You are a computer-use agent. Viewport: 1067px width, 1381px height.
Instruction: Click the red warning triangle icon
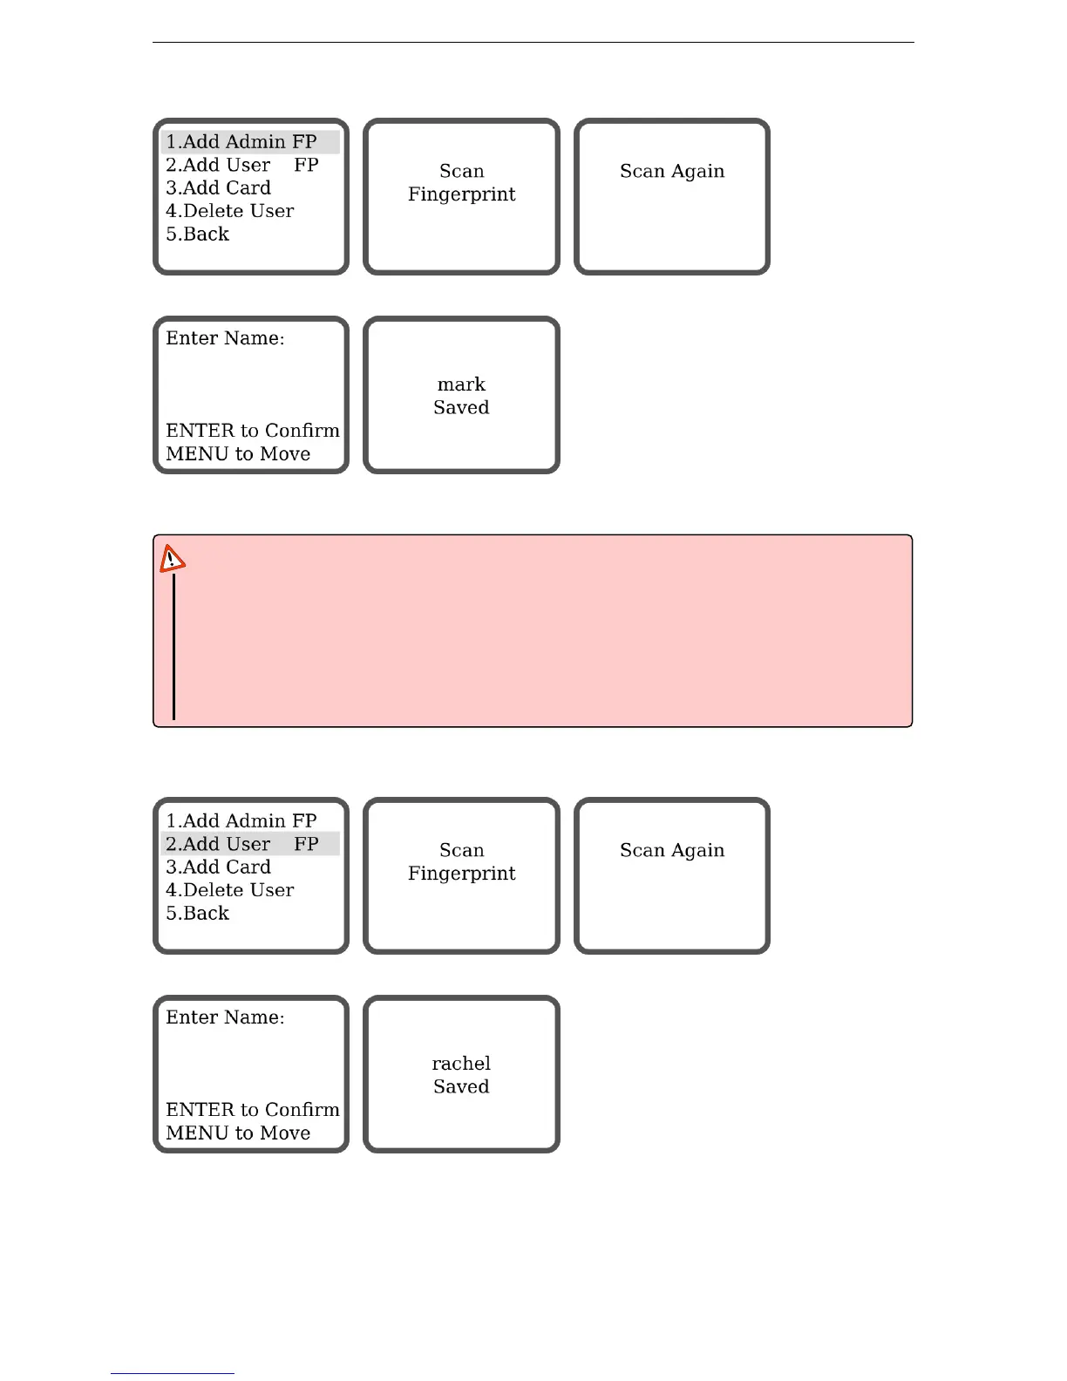(172, 559)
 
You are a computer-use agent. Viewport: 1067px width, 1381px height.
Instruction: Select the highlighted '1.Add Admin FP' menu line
(241, 142)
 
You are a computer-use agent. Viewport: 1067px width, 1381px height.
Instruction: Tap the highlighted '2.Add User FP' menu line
(241, 844)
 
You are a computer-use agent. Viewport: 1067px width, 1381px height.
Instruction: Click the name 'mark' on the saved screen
(461, 384)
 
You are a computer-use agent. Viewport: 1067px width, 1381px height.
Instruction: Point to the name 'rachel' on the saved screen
(461, 1064)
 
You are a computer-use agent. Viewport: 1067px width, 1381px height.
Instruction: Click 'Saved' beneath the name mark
(461, 408)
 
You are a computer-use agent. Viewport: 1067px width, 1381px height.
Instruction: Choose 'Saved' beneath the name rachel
(461, 1087)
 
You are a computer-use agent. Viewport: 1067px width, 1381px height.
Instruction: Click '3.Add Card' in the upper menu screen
(219, 188)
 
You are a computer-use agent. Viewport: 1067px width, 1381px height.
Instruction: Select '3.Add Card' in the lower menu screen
(219, 867)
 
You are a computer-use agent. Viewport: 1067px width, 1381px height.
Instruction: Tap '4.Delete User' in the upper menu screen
(230, 211)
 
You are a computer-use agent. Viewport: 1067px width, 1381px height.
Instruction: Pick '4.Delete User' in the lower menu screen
(230, 890)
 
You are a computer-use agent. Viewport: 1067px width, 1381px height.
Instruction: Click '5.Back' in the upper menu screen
(198, 235)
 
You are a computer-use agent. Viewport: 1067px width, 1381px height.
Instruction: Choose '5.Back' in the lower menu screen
(198, 914)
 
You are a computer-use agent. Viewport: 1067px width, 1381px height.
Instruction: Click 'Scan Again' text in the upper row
(672, 172)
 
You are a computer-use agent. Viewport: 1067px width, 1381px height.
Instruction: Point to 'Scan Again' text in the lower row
(672, 851)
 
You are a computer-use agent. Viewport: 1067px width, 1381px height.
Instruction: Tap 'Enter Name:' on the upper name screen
(225, 338)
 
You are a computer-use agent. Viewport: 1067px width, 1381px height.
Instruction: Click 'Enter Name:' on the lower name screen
(225, 1017)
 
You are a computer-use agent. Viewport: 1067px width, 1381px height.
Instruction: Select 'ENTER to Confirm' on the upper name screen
(253, 431)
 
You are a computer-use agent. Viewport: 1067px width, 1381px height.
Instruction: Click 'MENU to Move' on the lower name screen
(238, 1133)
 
